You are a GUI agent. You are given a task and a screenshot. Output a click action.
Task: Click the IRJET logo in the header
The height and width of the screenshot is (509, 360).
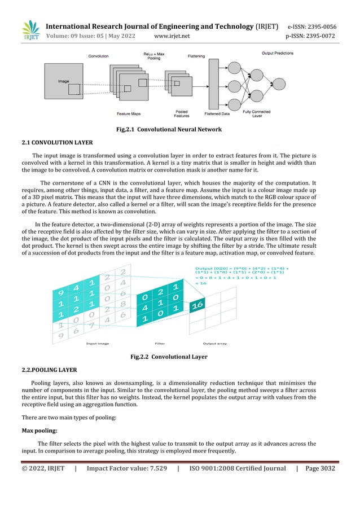coord(30,32)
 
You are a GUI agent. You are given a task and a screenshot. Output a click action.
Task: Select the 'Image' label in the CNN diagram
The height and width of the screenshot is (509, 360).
coord(63,81)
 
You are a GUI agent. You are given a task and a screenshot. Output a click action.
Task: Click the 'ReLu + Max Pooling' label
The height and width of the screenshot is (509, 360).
coord(153,56)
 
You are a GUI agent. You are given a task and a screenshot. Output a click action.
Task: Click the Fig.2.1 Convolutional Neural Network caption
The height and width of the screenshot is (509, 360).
coord(168,130)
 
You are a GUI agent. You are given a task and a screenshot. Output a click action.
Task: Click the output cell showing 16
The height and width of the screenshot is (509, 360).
coord(197,305)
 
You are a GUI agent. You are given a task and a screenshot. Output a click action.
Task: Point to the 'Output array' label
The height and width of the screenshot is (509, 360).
coord(216,343)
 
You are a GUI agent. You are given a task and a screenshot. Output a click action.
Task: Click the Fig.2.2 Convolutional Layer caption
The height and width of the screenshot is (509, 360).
coord(168,357)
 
